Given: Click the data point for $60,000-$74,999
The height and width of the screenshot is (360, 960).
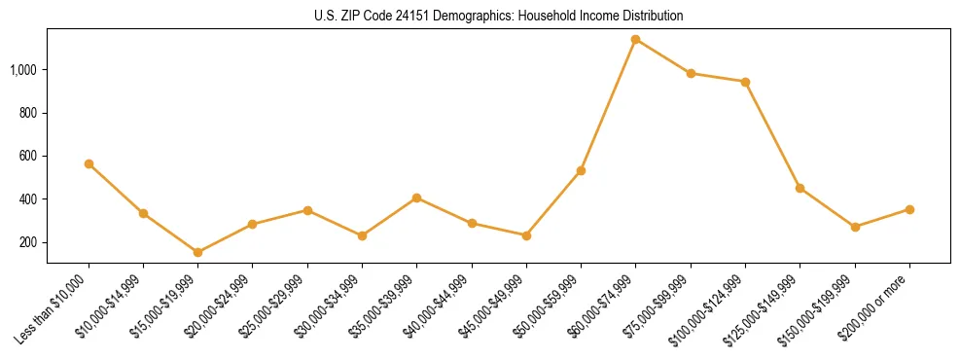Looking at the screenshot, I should coord(635,40).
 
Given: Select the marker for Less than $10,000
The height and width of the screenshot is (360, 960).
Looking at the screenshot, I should coord(89,164).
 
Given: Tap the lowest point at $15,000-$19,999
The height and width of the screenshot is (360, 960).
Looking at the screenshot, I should coord(197,252).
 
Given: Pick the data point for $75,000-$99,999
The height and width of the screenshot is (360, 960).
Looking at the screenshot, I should coord(691,73).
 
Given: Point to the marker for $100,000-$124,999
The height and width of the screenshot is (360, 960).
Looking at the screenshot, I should coord(745,82).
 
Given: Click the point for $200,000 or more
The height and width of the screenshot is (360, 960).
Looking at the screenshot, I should coord(909,209).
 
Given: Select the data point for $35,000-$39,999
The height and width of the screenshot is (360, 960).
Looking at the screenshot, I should coord(416,198).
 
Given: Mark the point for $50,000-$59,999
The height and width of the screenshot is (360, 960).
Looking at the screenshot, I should coord(581,170).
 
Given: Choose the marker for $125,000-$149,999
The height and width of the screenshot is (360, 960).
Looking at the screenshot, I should coord(800,188).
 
